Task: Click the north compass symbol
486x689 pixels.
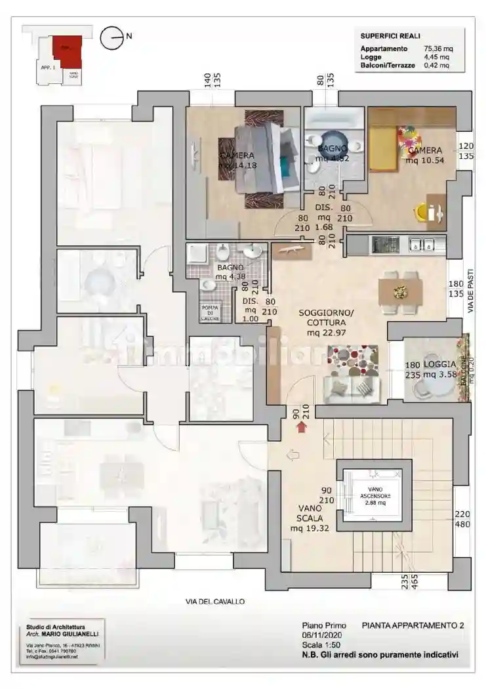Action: [112, 37]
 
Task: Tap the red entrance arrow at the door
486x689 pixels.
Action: [302, 428]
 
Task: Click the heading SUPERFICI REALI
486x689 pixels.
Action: [390, 36]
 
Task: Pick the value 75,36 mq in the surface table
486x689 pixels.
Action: [438, 49]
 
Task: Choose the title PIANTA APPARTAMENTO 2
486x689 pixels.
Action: [413, 626]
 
